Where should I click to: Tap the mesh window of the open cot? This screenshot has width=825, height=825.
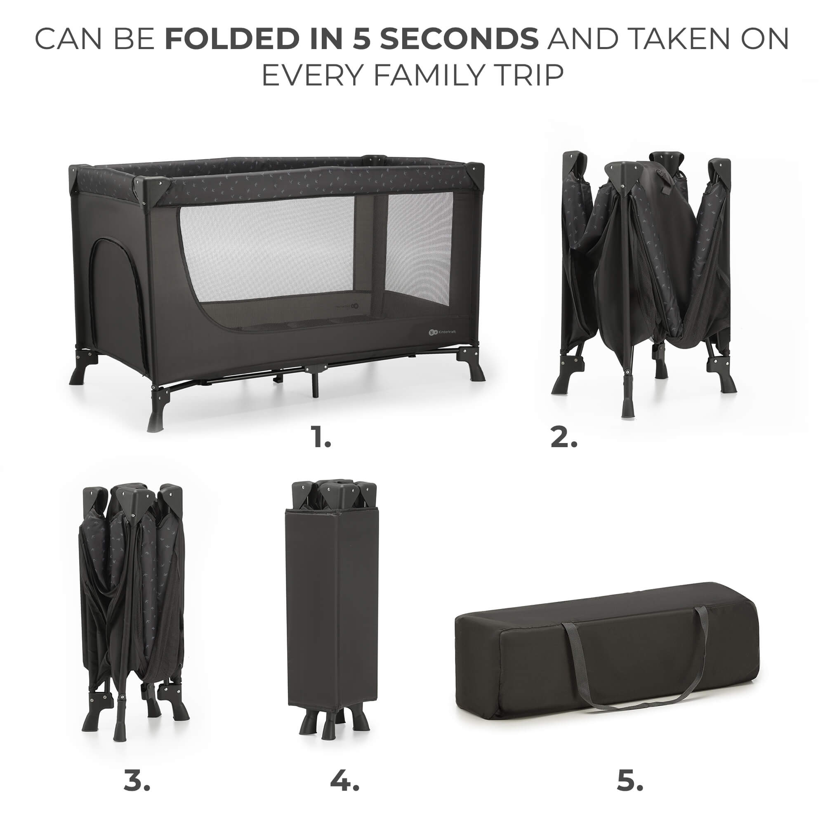[x=316, y=260]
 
